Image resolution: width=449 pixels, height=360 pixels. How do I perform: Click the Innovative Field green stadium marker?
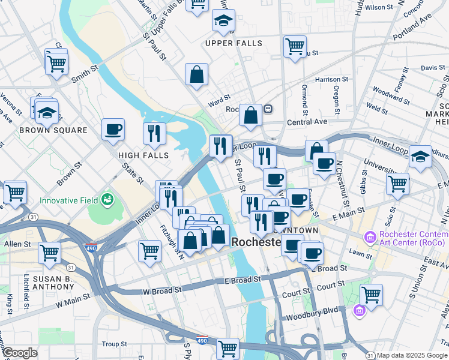coord(108,199)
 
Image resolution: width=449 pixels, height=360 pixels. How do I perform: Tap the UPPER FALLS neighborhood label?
coord(234,43)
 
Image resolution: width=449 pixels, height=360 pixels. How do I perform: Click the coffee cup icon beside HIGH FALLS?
coord(113,130)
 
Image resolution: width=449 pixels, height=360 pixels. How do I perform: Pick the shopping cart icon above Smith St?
coord(56,62)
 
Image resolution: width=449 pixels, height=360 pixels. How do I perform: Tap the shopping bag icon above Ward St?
coord(196,75)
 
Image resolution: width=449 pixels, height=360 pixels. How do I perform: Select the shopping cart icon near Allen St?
coord(50,253)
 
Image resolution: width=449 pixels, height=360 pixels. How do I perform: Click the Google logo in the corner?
coord(19,353)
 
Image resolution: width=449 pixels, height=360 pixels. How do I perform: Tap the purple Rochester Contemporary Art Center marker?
coord(370,236)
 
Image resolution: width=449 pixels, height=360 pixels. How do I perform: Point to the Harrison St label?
coord(331,79)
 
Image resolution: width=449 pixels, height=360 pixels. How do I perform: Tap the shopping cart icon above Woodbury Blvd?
coord(372,296)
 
